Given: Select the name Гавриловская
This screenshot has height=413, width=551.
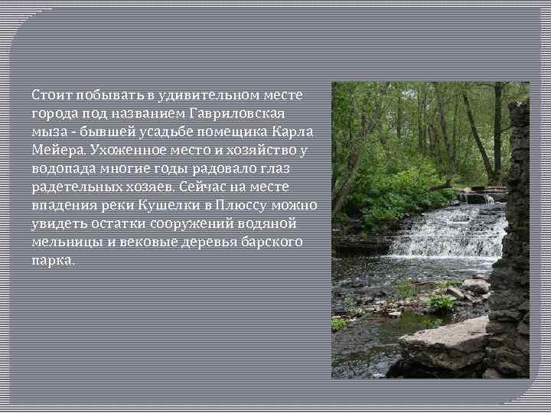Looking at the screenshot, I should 240,113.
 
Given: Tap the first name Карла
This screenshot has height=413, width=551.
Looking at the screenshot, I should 296,132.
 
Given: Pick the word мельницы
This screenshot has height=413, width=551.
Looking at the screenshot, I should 65,242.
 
